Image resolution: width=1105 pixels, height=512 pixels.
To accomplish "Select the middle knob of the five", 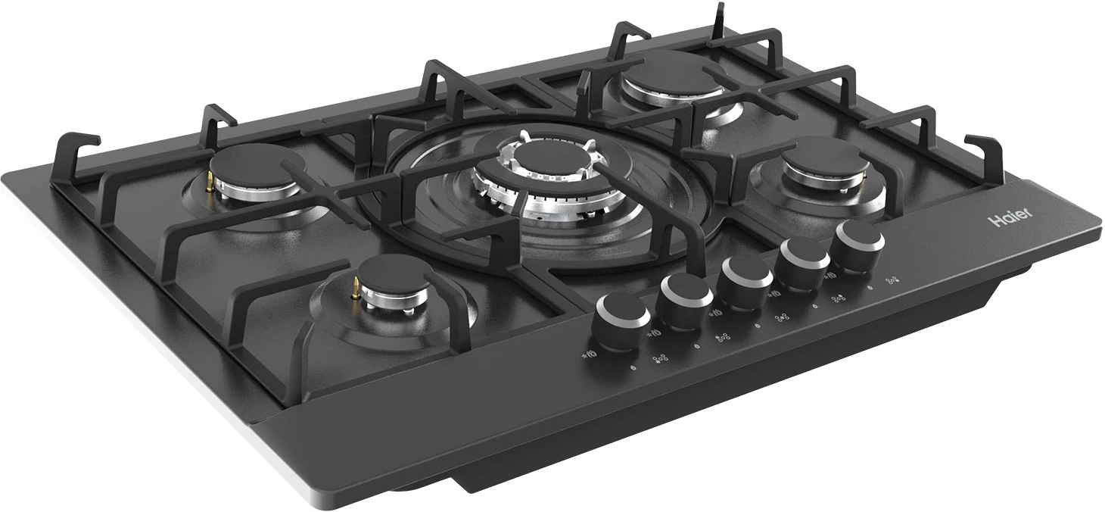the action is (x=745, y=279).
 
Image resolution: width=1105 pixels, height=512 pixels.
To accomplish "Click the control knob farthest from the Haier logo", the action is (x=623, y=321).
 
